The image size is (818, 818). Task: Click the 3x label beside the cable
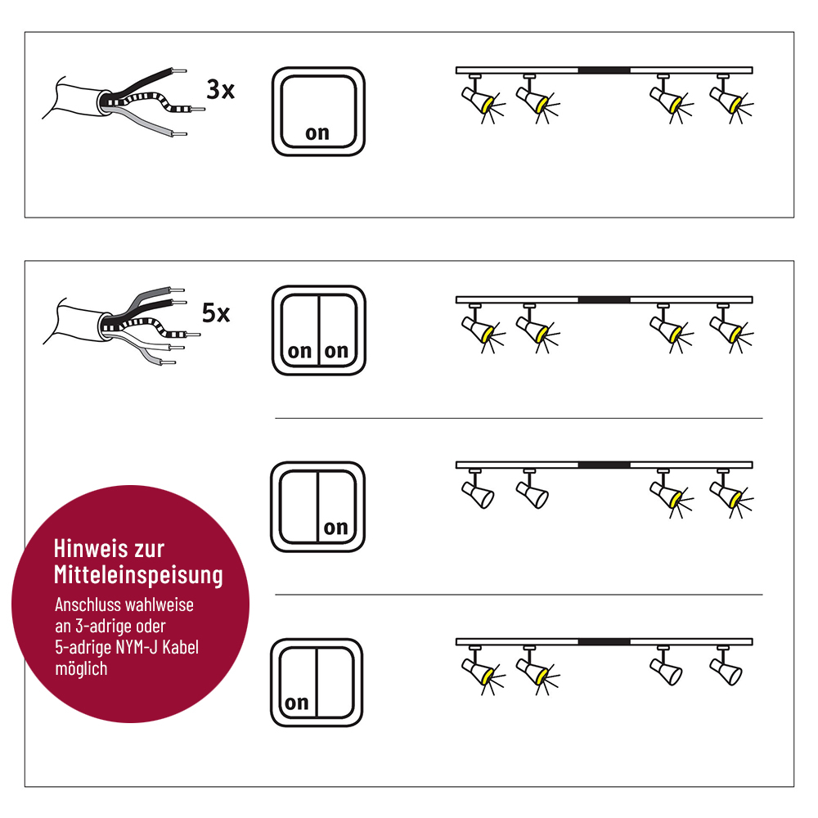pos(221,90)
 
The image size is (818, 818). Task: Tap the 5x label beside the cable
pos(216,313)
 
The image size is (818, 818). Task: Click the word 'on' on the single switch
pos(317,133)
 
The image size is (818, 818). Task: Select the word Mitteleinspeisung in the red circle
pos(138,575)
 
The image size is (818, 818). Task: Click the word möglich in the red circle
pos(81,668)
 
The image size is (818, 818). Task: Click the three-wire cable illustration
pos(124,101)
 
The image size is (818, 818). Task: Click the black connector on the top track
pos(605,70)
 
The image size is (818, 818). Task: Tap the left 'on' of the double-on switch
pos(299,351)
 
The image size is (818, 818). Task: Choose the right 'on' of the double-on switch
pos(336,351)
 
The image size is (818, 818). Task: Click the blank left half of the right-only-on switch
pos(299,507)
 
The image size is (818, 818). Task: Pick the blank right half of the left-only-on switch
pos(335,682)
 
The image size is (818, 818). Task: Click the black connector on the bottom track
pos(605,641)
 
